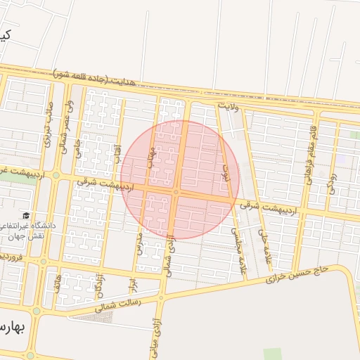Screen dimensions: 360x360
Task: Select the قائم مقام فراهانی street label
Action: click(x=309, y=153)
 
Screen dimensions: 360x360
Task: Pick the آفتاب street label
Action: click(x=117, y=154)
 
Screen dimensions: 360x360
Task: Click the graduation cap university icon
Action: click(x=27, y=216)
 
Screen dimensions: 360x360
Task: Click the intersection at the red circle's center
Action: click(x=176, y=191)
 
